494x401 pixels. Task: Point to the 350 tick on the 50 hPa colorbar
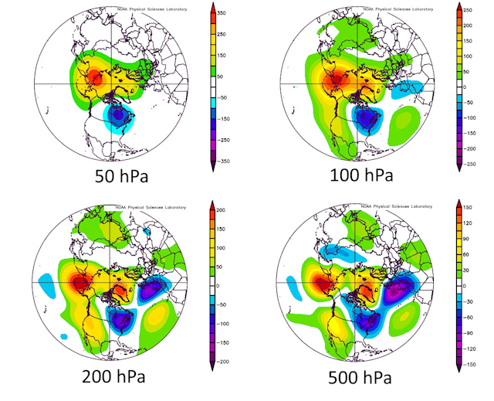(232, 15)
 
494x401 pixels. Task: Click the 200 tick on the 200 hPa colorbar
(232, 211)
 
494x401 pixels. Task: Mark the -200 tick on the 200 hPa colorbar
(234, 362)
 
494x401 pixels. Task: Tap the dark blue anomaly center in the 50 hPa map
(118, 116)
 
